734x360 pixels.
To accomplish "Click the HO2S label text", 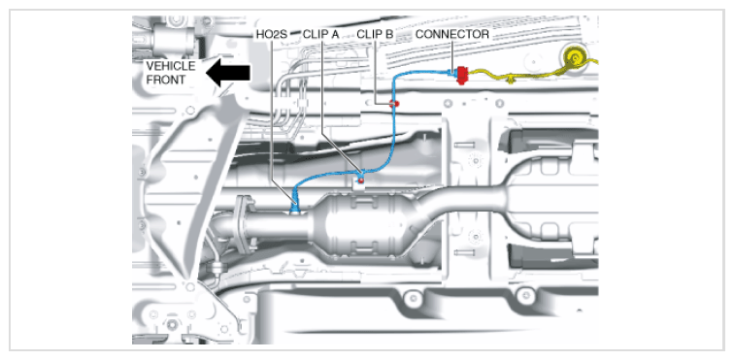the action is [x=272, y=34].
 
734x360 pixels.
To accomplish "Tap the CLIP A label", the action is [x=320, y=34].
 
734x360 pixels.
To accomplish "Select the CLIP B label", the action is [x=375, y=34].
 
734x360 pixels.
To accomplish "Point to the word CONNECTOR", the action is [x=452, y=34].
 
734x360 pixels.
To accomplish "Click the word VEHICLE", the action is [x=170, y=66].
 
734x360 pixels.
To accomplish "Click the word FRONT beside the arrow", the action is [x=165, y=80].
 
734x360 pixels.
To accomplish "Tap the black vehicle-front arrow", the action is [x=228, y=73].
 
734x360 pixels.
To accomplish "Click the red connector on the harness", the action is [x=462, y=75].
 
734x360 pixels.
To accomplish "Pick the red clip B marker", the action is [x=395, y=104].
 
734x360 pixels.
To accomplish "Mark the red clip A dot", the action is [x=360, y=180].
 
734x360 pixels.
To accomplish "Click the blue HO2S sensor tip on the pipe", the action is [x=295, y=207].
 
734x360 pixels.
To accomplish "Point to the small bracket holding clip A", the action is [x=358, y=182].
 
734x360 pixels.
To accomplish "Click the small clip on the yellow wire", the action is [x=512, y=81].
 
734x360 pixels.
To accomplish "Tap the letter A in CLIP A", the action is [x=335, y=34].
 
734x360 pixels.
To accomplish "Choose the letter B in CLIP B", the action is [x=389, y=34].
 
